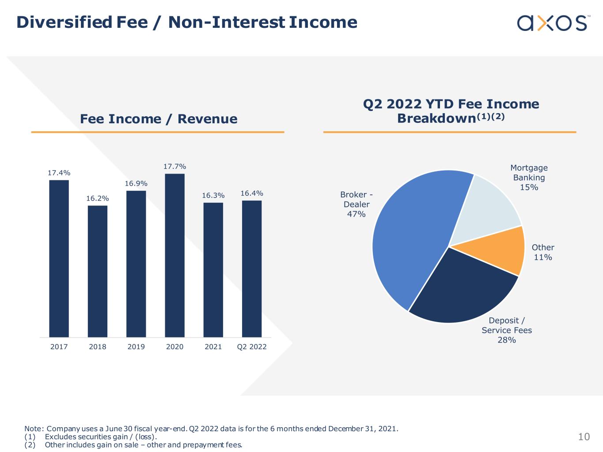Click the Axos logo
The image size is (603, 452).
[x=552, y=23]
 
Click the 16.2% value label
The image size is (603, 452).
[x=97, y=199]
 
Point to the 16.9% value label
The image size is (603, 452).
[x=136, y=184]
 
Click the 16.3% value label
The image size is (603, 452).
[x=213, y=195]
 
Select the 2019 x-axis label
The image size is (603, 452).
[x=136, y=347]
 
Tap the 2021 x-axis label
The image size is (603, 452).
[x=213, y=347]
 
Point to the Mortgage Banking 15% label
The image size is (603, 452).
[x=529, y=178]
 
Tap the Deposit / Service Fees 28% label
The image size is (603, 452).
[x=507, y=330]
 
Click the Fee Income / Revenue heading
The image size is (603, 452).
[x=159, y=119]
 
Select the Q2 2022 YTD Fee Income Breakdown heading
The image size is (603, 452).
[x=451, y=111]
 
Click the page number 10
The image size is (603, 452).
[x=584, y=437]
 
